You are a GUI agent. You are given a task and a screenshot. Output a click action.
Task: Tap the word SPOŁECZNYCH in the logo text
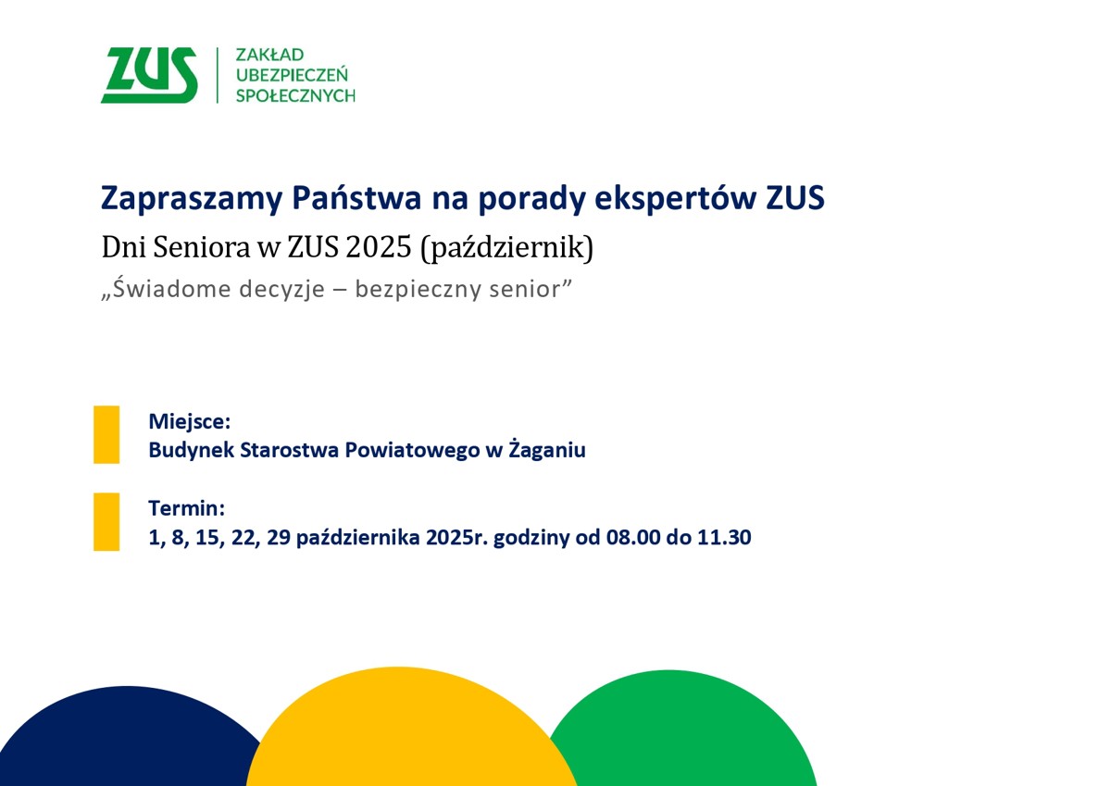tap(295, 95)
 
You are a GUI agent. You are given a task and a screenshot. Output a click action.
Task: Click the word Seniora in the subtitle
tap(190, 248)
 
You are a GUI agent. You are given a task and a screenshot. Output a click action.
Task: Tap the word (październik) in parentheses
tap(506, 248)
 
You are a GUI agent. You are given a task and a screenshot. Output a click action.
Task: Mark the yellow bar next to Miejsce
tap(106, 434)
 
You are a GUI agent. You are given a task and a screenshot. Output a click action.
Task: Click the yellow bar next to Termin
tap(106, 521)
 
